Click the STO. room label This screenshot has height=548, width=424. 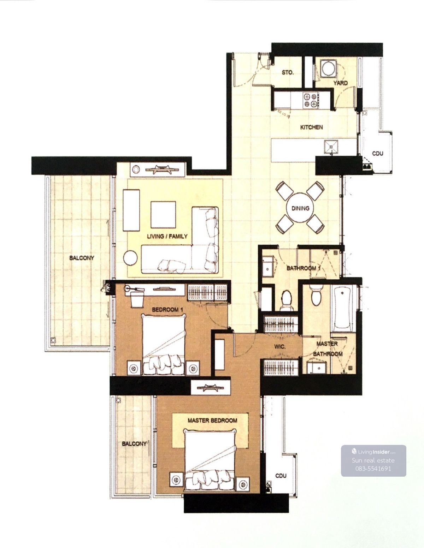coord(288,73)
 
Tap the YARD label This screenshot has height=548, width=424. coord(340,83)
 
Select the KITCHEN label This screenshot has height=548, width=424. coord(311,127)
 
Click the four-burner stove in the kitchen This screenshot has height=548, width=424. coord(311,100)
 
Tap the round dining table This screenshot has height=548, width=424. coord(300,208)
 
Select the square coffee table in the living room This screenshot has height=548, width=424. coord(163,214)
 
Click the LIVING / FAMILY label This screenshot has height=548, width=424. coord(167,236)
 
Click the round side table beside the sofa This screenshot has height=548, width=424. coord(131,258)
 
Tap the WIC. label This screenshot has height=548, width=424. coord(280,347)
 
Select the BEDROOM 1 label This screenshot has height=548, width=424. coord(167,309)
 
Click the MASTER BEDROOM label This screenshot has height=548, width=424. coord(212,421)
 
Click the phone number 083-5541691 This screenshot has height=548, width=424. coord(373,469)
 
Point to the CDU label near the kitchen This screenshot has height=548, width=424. coord(378,153)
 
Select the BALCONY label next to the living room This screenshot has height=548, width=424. coord(82,258)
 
